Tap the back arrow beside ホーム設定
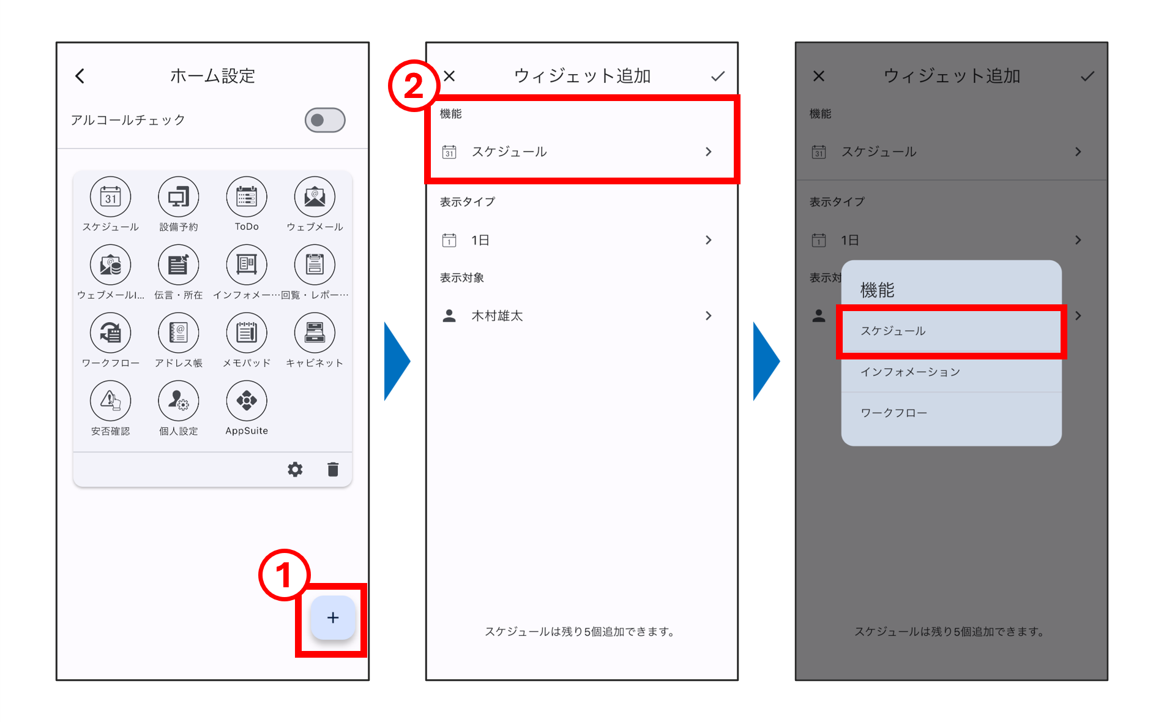pyautogui.click(x=80, y=76)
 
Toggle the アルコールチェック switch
pyautogui.click(x=325, y=120)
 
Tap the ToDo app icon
pyautogui.click(x=247, y=197)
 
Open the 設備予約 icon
pyautogui.click(x=179, y=197)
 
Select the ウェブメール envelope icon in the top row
pyautogui.click(x=315, y=197)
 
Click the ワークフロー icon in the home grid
pyautogui.click(x=111, y=333)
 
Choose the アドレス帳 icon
pyautogui.click(x=179, y=333)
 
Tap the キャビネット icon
pyautogui.click(x=315, y=333)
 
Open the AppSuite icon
pyautogui.click(x=247, y=401)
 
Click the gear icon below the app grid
pyautogui.click(x=295, y=470)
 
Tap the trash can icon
pyautogui.click(x=333, y=470)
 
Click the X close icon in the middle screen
pyautogui.click(x=449, y=76)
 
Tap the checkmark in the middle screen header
pyautogui.click(x=718, y=76)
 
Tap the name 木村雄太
pyautogui.click(x=497, y=316)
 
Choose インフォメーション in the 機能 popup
pyautogui.click(x=910, y=372)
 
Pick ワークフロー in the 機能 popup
pyautogui.click(x=894, y=413)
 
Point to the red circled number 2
pyautogui.click(x=414, y=86)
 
